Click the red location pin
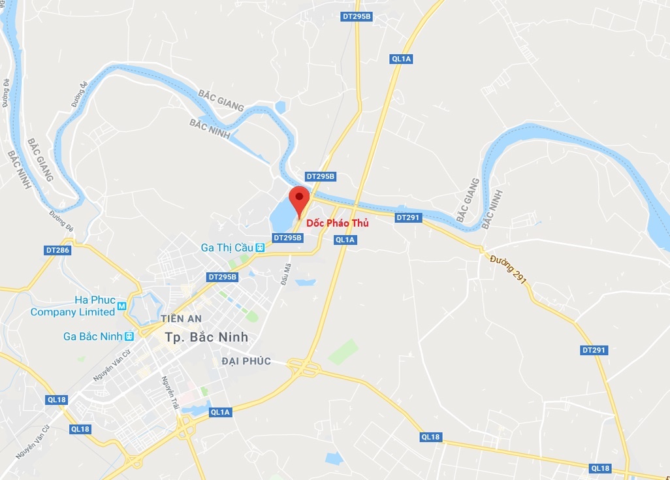299,199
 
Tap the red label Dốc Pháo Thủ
338,223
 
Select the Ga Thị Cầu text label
227,248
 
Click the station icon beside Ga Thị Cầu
261,248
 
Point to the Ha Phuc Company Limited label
72,306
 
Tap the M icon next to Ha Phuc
121,306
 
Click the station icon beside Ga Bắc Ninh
129,336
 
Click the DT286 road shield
57,250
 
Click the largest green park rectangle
343,351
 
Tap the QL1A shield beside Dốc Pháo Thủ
345,240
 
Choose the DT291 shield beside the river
408,217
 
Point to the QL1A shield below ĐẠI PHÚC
220,412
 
